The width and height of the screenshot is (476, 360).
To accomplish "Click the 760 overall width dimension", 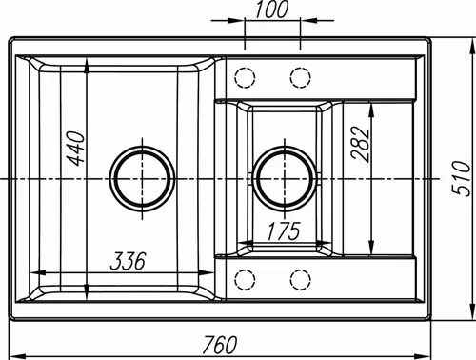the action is click(220, 345).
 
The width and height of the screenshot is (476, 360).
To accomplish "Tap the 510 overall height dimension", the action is click(461, 178).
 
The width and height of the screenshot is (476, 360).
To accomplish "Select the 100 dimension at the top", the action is click(272, 10).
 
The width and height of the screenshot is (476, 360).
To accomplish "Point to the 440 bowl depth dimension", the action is click(77, 149).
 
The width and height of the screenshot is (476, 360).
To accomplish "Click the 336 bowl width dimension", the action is click(128, 261).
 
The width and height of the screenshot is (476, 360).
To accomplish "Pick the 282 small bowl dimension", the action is click(361, 145).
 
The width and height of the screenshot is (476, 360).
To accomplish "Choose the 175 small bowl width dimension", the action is click(284, 231).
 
